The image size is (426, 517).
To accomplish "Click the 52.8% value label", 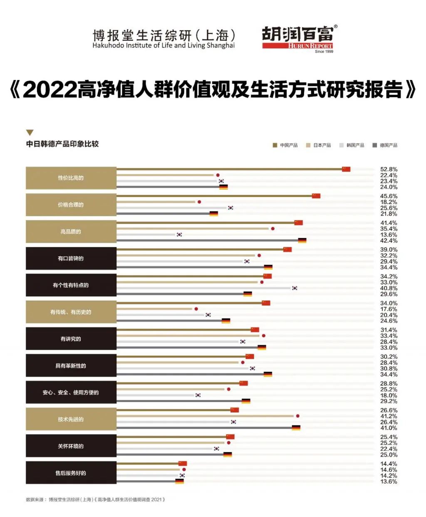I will point(389,169).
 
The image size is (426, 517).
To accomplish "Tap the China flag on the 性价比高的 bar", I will point(346,169).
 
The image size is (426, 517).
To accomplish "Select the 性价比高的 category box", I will point(71,178).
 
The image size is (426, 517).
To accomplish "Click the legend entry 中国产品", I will point(286,145).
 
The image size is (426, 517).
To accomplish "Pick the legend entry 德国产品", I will point(385,145).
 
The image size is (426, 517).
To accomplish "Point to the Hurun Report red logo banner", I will point(297,46).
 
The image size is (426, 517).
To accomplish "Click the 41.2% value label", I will point(389,416).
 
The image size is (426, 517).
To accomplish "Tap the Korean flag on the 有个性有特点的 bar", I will point(295,288).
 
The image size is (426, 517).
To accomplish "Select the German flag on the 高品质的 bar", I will point(302,241).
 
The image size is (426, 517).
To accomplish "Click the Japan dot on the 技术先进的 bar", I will point(297,416).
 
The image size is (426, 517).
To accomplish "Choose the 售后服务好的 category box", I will point(71,473).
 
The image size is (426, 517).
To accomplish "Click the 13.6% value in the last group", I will point(389,482).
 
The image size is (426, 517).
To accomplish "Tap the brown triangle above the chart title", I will point(30,133).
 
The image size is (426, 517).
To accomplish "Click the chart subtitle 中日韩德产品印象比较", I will point(62,144).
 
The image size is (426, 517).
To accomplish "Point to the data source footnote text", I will point(95,500).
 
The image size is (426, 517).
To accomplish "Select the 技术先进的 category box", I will point(71,419).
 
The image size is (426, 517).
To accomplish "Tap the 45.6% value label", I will point(389,196).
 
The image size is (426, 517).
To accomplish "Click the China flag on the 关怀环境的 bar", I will point(230,437).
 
